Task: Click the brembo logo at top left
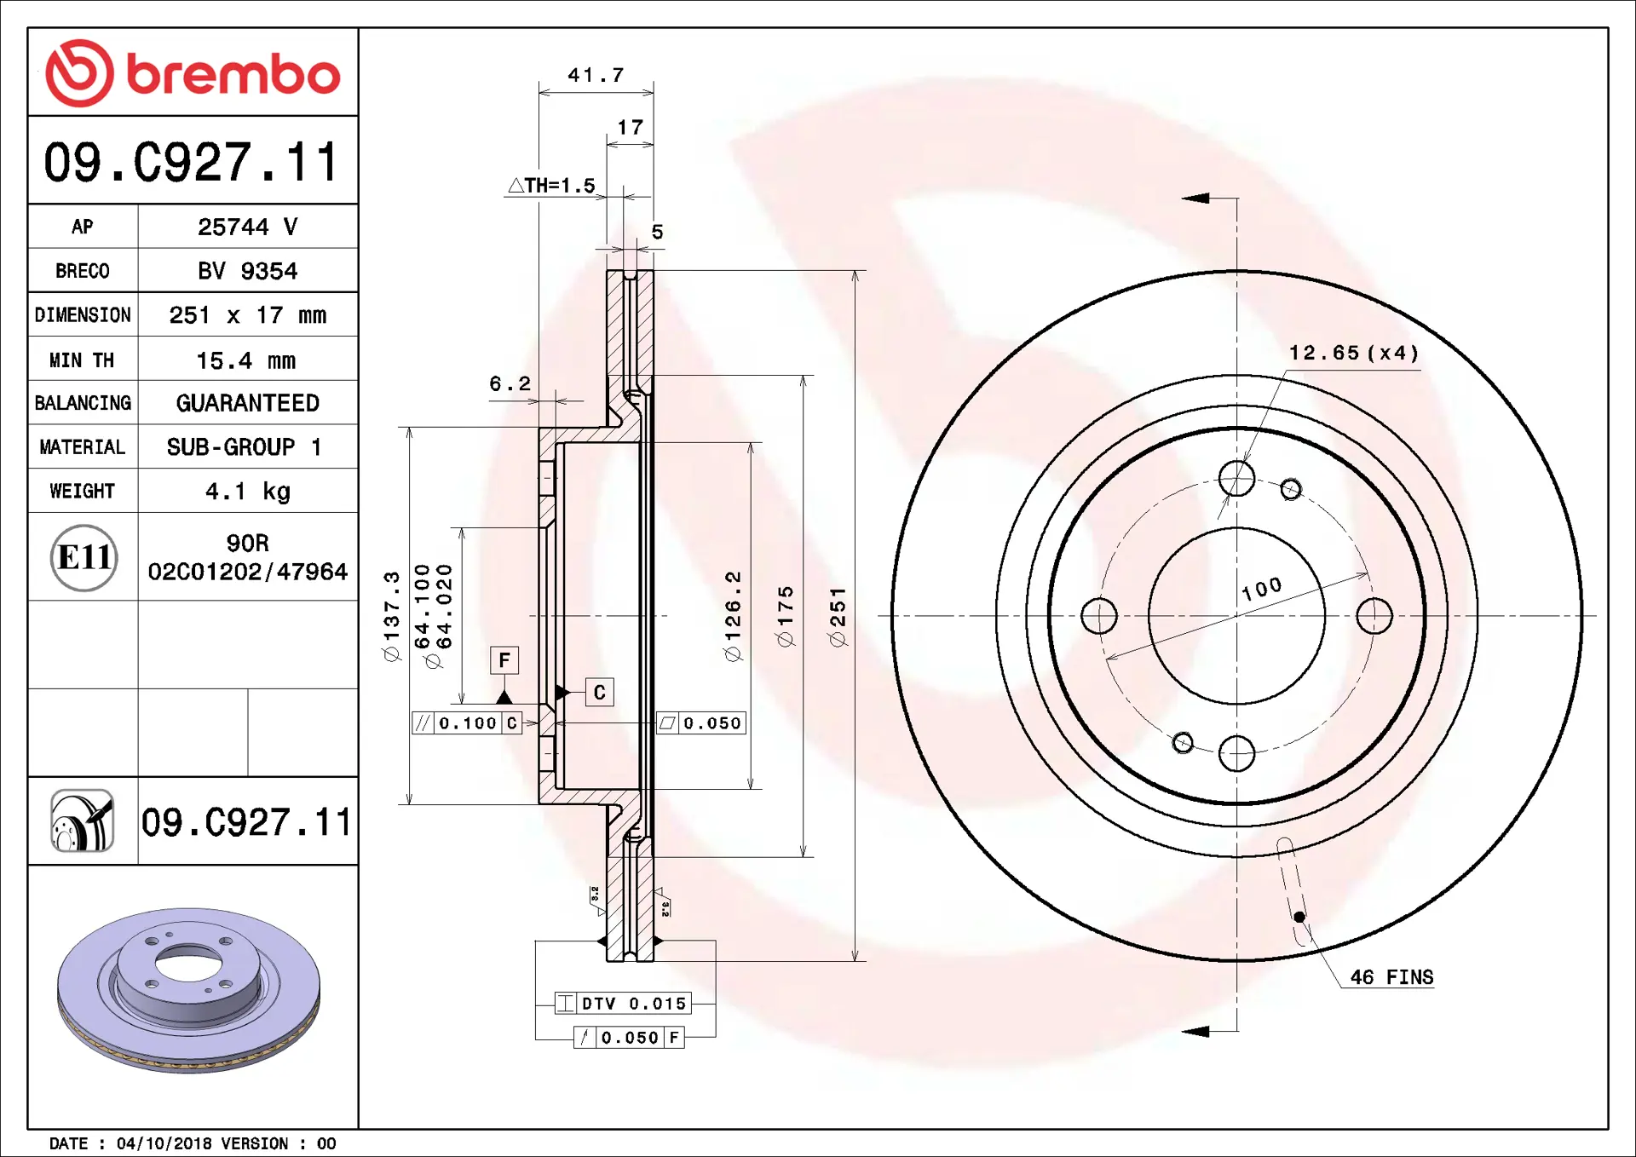193,73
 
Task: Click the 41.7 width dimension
596,75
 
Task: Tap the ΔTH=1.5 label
552,186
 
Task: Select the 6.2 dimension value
510,383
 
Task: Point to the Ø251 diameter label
838,617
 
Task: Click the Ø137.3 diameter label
391,616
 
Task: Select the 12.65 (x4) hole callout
1353,353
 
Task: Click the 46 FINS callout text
1391,977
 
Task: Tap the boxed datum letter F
504,660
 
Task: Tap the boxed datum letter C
599,693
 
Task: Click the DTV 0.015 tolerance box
623,1004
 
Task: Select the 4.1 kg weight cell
247,491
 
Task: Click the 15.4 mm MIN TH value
246,360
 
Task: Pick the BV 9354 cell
247,271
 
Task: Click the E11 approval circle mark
84,558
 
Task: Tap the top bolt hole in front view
1236,479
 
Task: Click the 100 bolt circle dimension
1262,588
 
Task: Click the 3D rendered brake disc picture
188,988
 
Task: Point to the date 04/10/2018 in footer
164,1143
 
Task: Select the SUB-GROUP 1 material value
245,447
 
